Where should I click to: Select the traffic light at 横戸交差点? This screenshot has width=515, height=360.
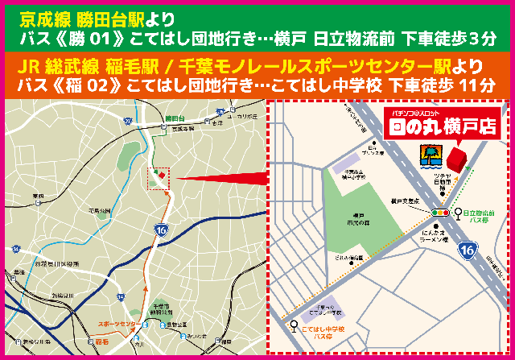[x=439, y=212]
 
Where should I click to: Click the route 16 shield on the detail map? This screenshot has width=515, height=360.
[x=468, y=250]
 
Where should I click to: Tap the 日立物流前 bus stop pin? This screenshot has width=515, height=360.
[x=456, y=213]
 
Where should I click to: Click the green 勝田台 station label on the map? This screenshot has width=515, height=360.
[x=175, y=118]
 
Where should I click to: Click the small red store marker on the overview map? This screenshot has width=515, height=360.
[x=160, y=174]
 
